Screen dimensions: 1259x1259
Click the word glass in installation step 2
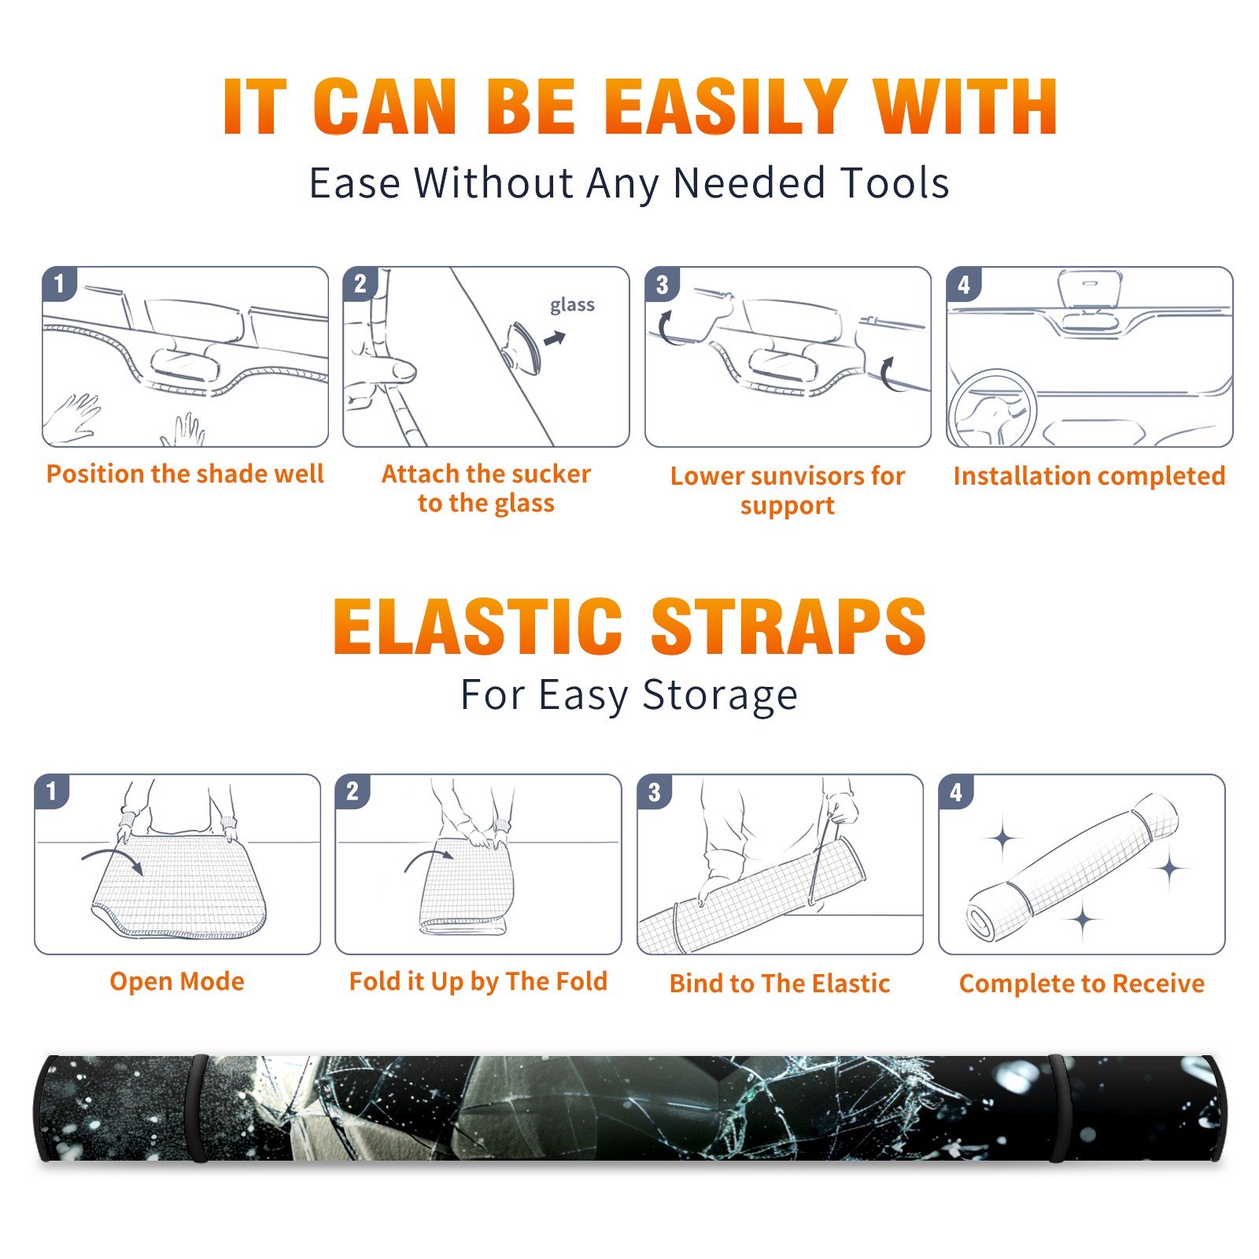pyautogui.click(x=572, y=305)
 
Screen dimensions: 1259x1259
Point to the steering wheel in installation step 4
pyautogui.click(x=992, y=408)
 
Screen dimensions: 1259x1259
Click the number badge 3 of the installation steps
pyautogui.click(x=662, y=284)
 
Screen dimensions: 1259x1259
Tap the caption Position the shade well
pyautogui.click(x=185, y=474)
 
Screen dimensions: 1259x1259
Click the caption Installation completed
pyautogui.click(x=1089, y=475)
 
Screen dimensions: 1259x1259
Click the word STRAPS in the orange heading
pyautogui.click(x=788, y=626)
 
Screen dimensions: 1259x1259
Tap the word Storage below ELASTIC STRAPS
pyautogui.click(x=720, y=696)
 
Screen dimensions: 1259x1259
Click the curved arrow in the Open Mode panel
pyautogui.click(x=113, y=859)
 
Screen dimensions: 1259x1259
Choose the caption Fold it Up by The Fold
pyautogui.click(x=478, y=981)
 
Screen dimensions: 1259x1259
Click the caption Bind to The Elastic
pyautogui.click(x=780, y=983)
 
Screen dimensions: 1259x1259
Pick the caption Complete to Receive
pyautogui.click(x=1082, y=983)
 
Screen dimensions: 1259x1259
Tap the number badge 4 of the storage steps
pyautogui.click(x=956, y=792)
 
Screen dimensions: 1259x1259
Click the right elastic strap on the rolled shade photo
pyautogui.click(x=1058, y=1109)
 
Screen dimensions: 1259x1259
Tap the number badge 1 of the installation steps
pyautogui.click(x=59, y=284)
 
